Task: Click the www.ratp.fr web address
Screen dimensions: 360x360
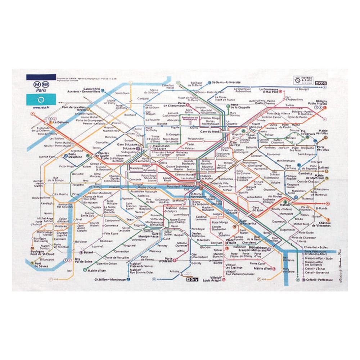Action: (41, 107)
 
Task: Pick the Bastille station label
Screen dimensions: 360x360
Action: (234, 193)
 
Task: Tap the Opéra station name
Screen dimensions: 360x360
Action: (163, 163)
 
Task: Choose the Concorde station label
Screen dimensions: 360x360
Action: (135, 179)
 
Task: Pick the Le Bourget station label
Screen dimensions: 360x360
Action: (302, 89)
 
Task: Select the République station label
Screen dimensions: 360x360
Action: (249, 163)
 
